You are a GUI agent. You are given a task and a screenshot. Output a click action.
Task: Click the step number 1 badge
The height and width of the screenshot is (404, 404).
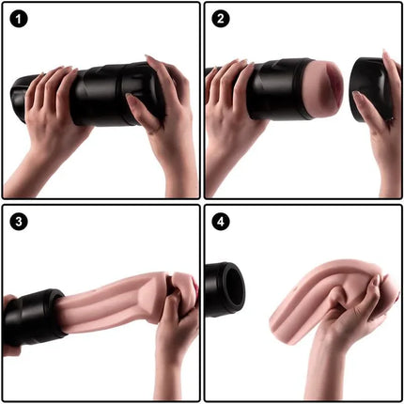pyautogui.click(x=20, y=20)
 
